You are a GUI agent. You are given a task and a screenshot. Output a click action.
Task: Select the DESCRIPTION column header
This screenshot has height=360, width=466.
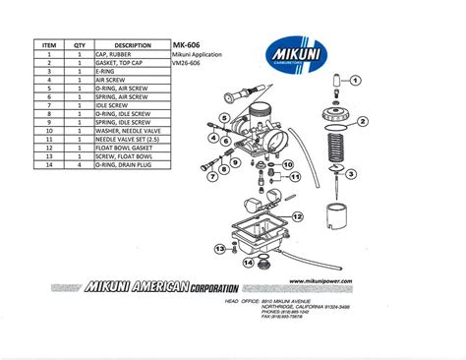(x=132, y=45)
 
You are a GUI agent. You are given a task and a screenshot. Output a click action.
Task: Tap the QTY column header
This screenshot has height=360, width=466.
(x=80, y=45)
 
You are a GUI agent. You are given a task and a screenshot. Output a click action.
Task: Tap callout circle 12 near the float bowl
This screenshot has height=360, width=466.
(x=297, y=213)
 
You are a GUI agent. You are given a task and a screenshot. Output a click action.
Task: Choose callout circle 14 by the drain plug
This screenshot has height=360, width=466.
(x=248, y=263)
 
